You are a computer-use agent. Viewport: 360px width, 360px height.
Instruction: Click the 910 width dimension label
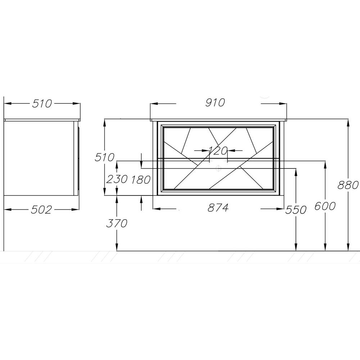coord(215,103)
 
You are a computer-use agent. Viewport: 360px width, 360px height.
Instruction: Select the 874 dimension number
coord(218,208)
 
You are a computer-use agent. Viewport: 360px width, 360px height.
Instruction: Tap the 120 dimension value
coord(218,150)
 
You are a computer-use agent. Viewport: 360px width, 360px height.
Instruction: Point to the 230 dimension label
coord(117,179)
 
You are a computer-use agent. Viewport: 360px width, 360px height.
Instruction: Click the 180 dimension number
coord(141,179)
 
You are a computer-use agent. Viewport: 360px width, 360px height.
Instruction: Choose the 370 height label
coord(117,223)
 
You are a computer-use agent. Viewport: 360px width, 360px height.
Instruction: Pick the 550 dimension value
coord(296,210)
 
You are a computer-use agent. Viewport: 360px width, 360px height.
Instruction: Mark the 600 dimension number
coord(325,206)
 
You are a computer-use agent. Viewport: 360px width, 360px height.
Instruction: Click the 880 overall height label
coord(348,185)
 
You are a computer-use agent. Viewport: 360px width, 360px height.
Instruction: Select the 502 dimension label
coord(41,210)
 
